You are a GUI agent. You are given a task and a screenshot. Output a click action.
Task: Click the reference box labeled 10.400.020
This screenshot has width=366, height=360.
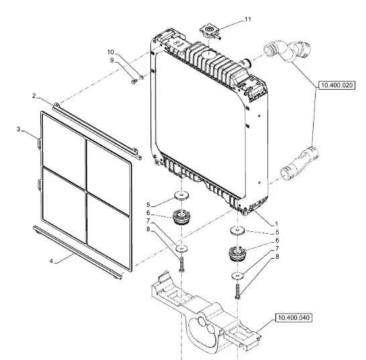pos(337,85)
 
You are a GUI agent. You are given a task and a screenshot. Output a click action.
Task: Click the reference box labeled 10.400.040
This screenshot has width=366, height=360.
pos(294,318)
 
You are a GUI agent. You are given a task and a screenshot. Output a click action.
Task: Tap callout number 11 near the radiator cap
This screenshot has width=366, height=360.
pos(247,19)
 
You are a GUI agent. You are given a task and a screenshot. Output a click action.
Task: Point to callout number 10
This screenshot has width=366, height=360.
pos(111,52)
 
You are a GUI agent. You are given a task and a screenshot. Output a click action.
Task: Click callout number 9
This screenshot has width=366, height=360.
pos(112,60)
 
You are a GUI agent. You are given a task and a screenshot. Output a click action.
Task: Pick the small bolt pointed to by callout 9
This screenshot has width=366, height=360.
pos(134,82)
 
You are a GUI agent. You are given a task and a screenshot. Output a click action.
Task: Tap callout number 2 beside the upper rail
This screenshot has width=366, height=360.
pos(34,96)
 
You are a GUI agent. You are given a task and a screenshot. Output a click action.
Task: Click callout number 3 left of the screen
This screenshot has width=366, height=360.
pos(19,129)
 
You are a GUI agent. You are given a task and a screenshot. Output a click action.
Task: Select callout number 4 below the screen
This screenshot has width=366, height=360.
pos(52,261)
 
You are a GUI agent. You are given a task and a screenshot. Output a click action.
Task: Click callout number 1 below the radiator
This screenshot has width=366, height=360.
pos(277,224)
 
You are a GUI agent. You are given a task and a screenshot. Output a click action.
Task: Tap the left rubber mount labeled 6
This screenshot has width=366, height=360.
pos(180,217)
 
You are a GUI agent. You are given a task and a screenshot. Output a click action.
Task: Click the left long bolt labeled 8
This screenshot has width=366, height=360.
pos(182,264)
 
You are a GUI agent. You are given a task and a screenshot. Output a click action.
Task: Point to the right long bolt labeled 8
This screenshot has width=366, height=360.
pos(237,292)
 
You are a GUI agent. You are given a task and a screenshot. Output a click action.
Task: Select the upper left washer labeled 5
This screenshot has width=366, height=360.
pos(182,195)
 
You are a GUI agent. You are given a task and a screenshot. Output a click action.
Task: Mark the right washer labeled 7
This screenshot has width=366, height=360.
pos(237,276)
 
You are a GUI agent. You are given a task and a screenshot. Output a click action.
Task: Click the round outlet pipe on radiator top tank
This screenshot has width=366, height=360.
pos(246,62)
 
